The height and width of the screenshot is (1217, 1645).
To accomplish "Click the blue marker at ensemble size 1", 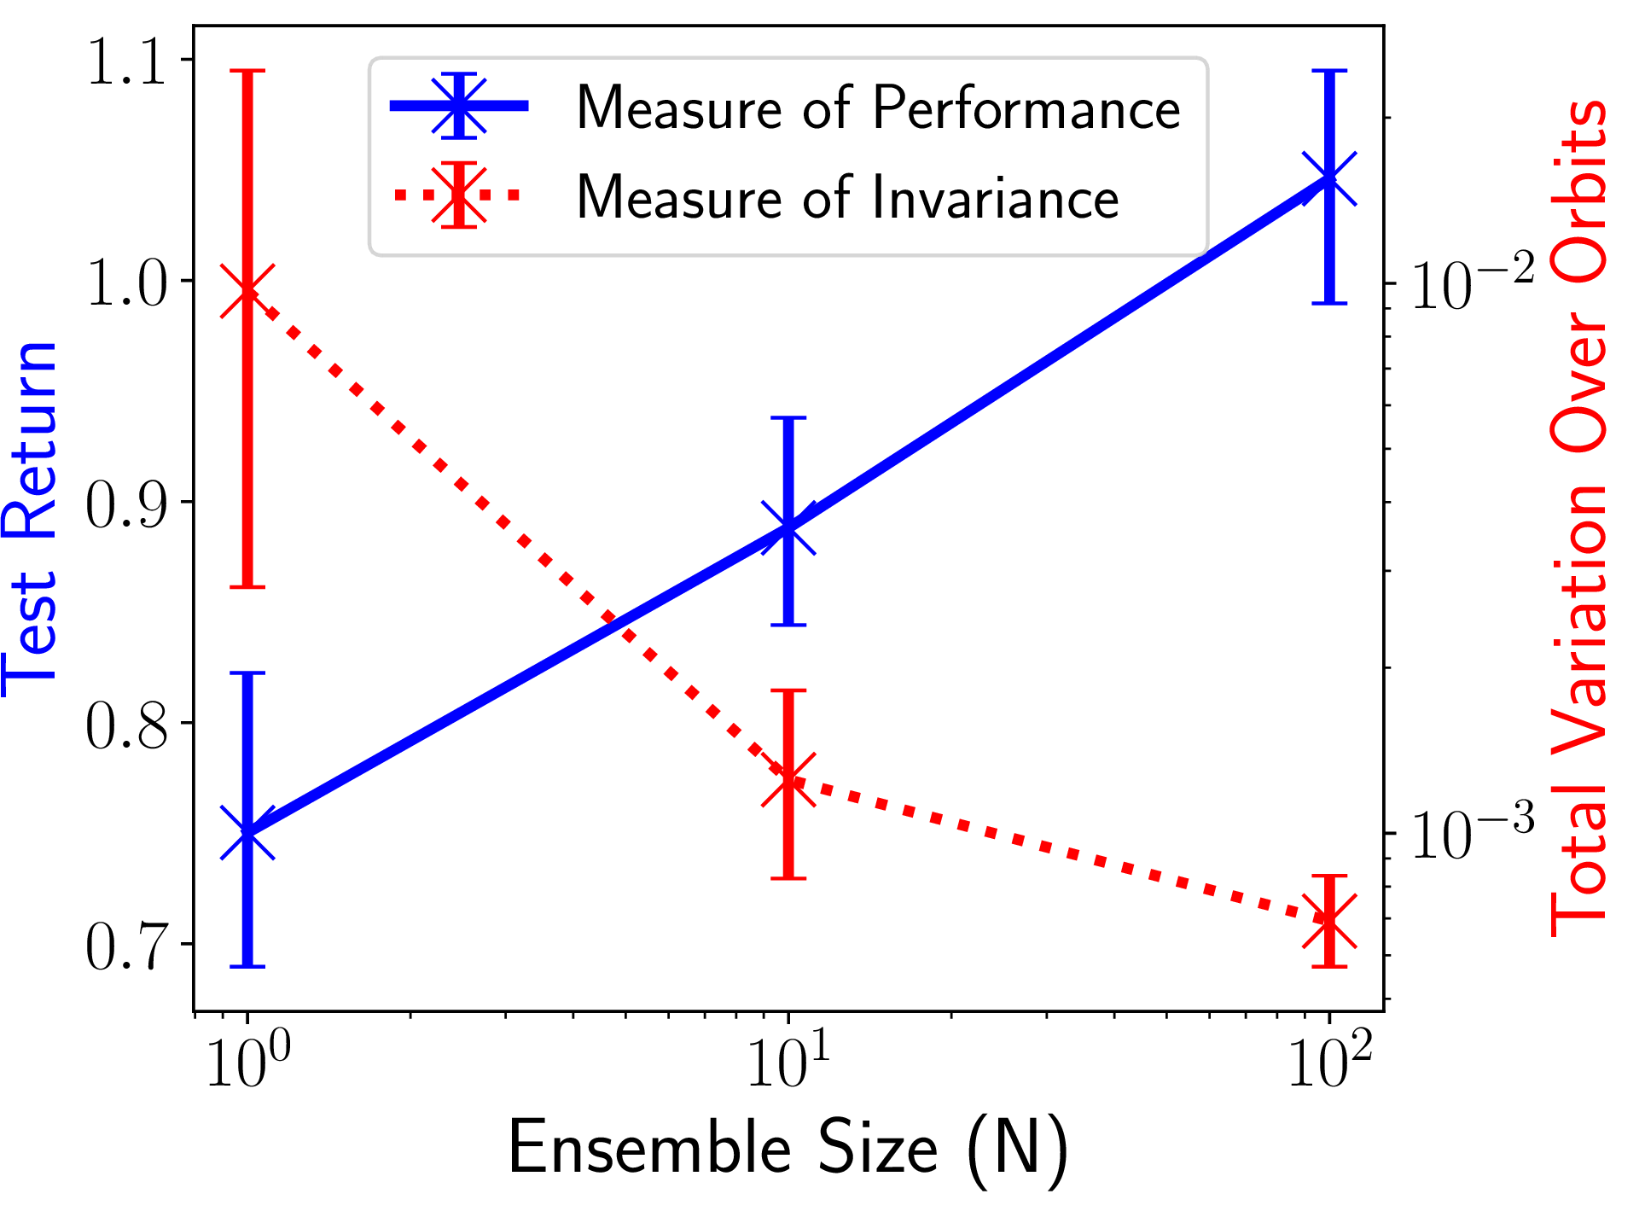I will (x=247, y=832).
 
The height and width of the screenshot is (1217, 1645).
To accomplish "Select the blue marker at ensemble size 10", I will (x=788, y=528).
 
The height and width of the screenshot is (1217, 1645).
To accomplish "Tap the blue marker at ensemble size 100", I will (x=1329, y=178).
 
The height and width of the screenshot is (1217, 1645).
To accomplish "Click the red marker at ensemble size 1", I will (x=247, y=291).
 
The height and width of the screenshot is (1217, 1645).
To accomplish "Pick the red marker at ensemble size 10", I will (x=788, y=779).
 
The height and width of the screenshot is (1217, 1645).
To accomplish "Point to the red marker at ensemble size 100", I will (x=1329, y=920).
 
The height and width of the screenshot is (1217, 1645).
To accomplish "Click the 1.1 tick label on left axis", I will (x=126, y=61).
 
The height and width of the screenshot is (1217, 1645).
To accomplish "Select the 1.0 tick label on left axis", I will (x=126, y=282).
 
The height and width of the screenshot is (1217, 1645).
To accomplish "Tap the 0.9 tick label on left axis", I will (x=126, y=504).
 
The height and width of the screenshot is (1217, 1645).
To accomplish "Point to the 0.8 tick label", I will (x=126, y=725).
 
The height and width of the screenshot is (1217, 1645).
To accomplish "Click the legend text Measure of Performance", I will (x=878, y=108).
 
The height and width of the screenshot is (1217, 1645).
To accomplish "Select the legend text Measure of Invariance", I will (x=847, y=197).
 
